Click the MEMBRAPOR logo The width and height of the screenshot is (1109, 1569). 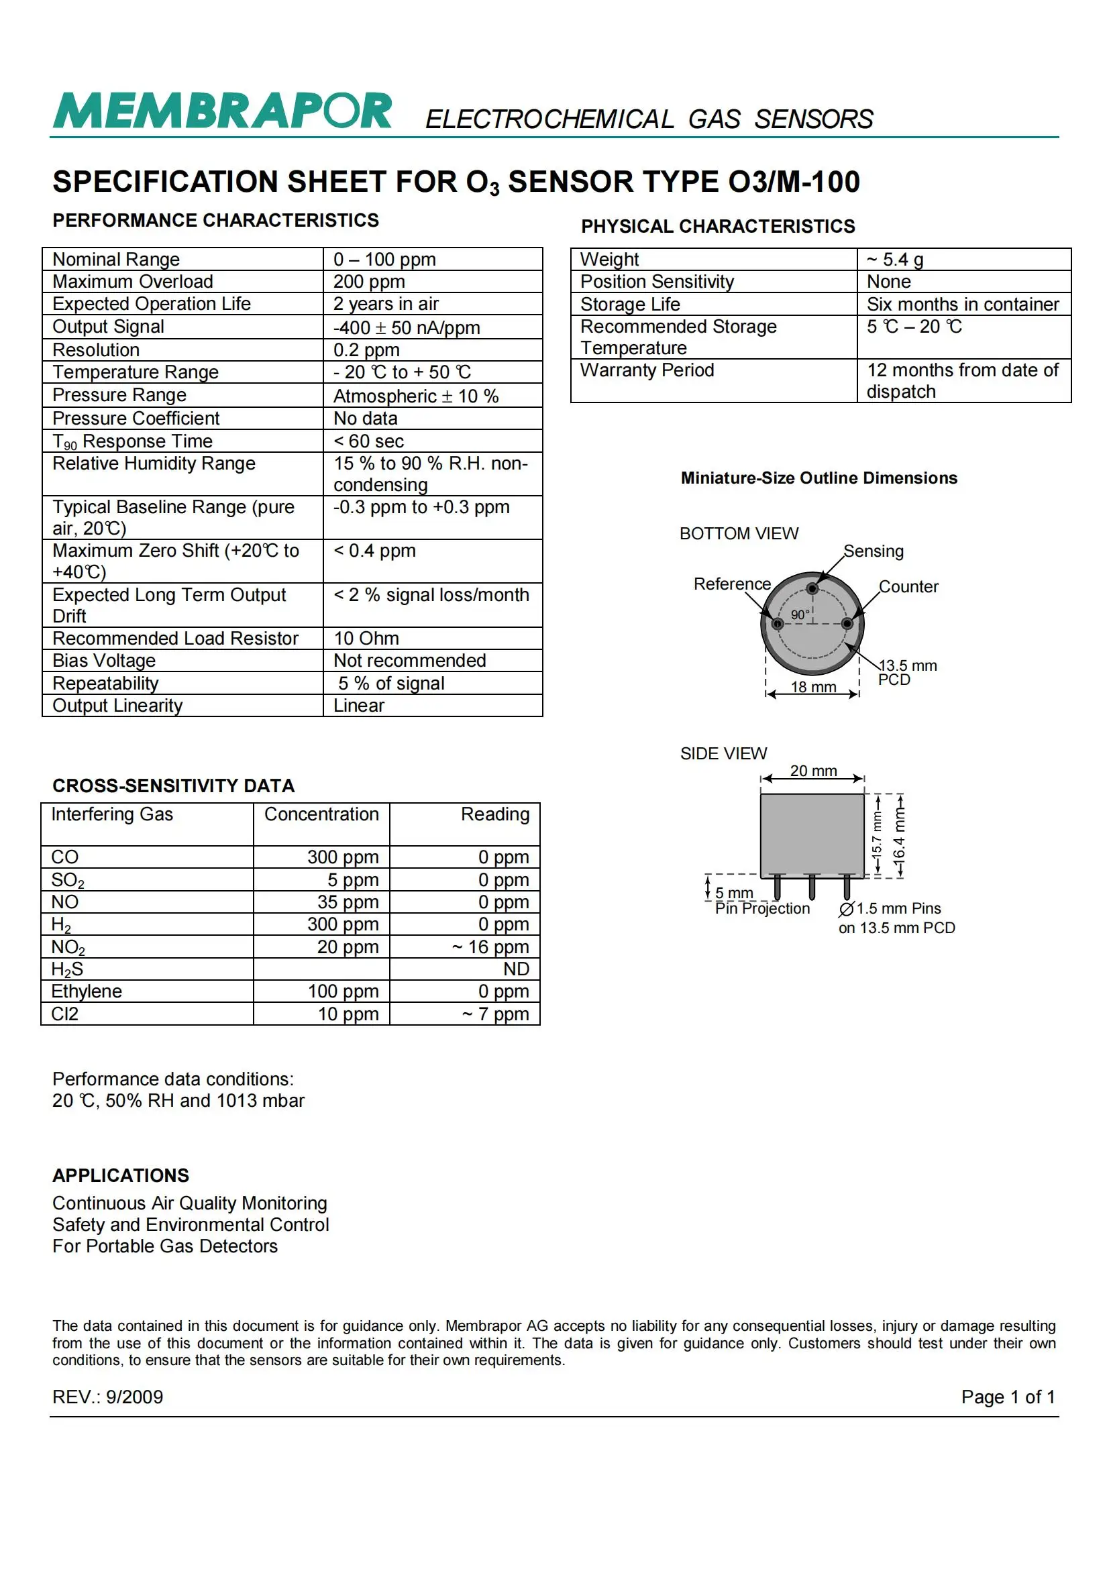pos(222,111)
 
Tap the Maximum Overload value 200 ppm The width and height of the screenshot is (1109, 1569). pos(369,282)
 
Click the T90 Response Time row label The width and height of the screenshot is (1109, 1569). pos(133,441)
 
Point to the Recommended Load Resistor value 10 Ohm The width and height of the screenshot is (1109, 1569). pos(366,638)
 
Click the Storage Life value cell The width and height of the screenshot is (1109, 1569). pos(962,304)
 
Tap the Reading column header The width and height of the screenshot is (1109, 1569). pos(494,814)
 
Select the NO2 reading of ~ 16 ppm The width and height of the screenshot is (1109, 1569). pos(490,947)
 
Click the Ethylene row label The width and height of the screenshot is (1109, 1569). pos(87,991)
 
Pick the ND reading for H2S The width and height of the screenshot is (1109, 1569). pos(516,969)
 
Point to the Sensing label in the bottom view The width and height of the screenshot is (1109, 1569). pos(873,551)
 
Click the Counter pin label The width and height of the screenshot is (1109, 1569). pos(908,587)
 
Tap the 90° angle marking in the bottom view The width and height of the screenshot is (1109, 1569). pos(800,615)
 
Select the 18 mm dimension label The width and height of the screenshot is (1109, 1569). pos(813,688)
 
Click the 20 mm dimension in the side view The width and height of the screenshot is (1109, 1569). pos(813,771)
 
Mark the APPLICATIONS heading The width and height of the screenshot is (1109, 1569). pos(121,1175)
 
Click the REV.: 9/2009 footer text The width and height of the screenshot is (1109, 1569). pos(108,1397)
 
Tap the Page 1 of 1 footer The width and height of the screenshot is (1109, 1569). pos(1007,1397)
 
